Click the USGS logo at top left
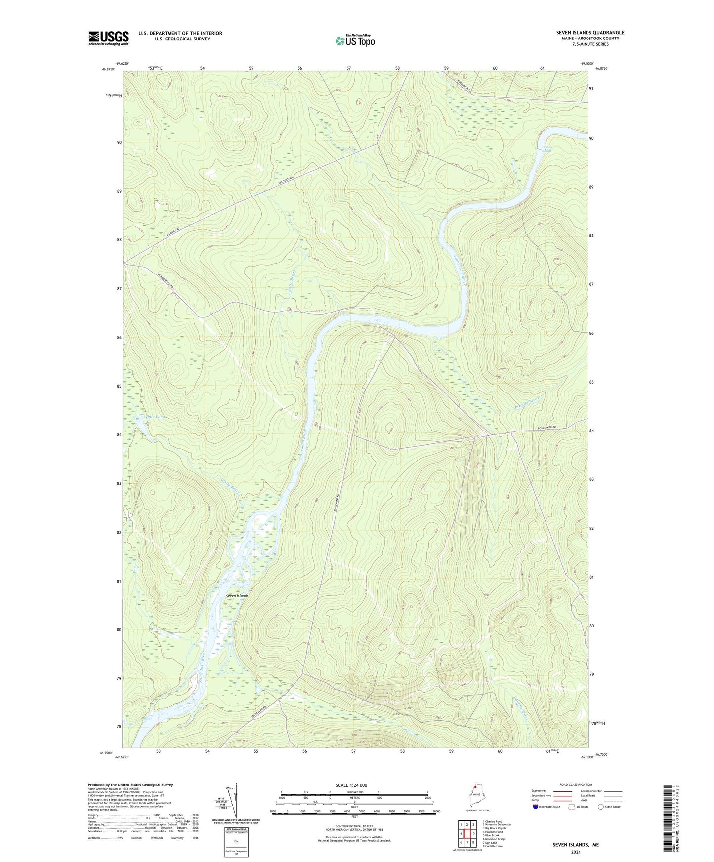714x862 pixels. click(109, 38)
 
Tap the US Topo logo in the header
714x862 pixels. click(355, 40)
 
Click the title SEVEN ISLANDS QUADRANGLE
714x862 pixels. click(590, 33)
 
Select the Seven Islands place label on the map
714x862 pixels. click(237, 596)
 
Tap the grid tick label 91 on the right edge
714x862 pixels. click(591, 88)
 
